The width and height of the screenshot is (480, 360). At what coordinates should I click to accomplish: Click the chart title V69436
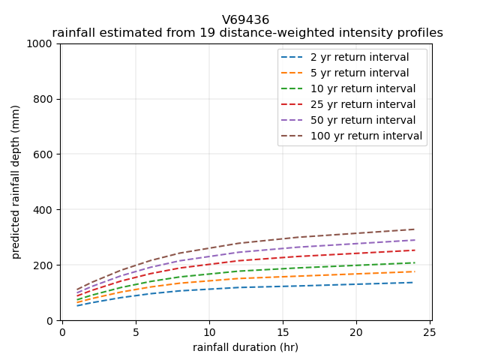(245, 20)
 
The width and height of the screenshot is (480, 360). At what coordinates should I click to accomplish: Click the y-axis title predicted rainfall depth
(16, 181)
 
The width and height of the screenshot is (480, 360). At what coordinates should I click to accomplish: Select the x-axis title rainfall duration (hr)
(245, 347)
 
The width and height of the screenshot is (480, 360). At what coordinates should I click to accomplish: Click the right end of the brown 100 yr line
(414, 229)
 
